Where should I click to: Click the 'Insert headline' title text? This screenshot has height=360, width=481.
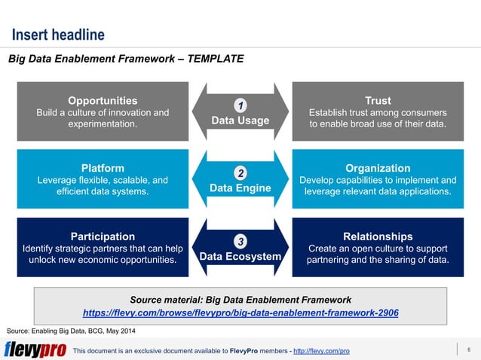click(57, 35)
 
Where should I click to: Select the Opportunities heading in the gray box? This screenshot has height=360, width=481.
click(103, 100)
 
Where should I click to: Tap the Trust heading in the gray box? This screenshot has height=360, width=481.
click(378, 100)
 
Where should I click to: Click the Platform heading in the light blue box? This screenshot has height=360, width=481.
click(103, 168)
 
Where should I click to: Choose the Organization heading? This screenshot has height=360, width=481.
click(378, 168)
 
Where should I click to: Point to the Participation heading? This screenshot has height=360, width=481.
click(103, 236)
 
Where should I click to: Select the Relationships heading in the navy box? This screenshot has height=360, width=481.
click(378, 236)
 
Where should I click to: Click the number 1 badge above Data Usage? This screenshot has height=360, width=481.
click(240, 105)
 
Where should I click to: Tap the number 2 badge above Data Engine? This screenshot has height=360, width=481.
click(240, 172)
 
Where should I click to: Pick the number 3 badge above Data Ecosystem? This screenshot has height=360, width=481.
click(240, 241)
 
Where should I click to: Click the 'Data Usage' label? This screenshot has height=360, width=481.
click(240, 121)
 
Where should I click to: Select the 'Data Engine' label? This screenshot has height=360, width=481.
click(240, 188)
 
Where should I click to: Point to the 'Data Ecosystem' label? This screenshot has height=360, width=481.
click(240, 257)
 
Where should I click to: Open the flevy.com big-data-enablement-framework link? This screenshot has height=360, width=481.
click(240, 312)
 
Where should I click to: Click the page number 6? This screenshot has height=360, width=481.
click(469, 349)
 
